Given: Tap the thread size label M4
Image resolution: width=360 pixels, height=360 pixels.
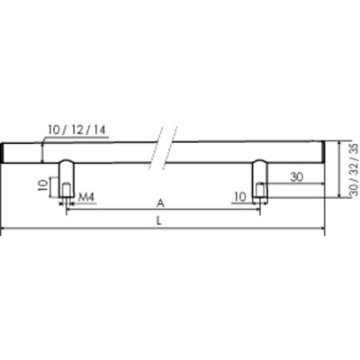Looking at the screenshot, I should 88,196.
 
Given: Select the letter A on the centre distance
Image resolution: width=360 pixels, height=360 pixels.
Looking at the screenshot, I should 161,202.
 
